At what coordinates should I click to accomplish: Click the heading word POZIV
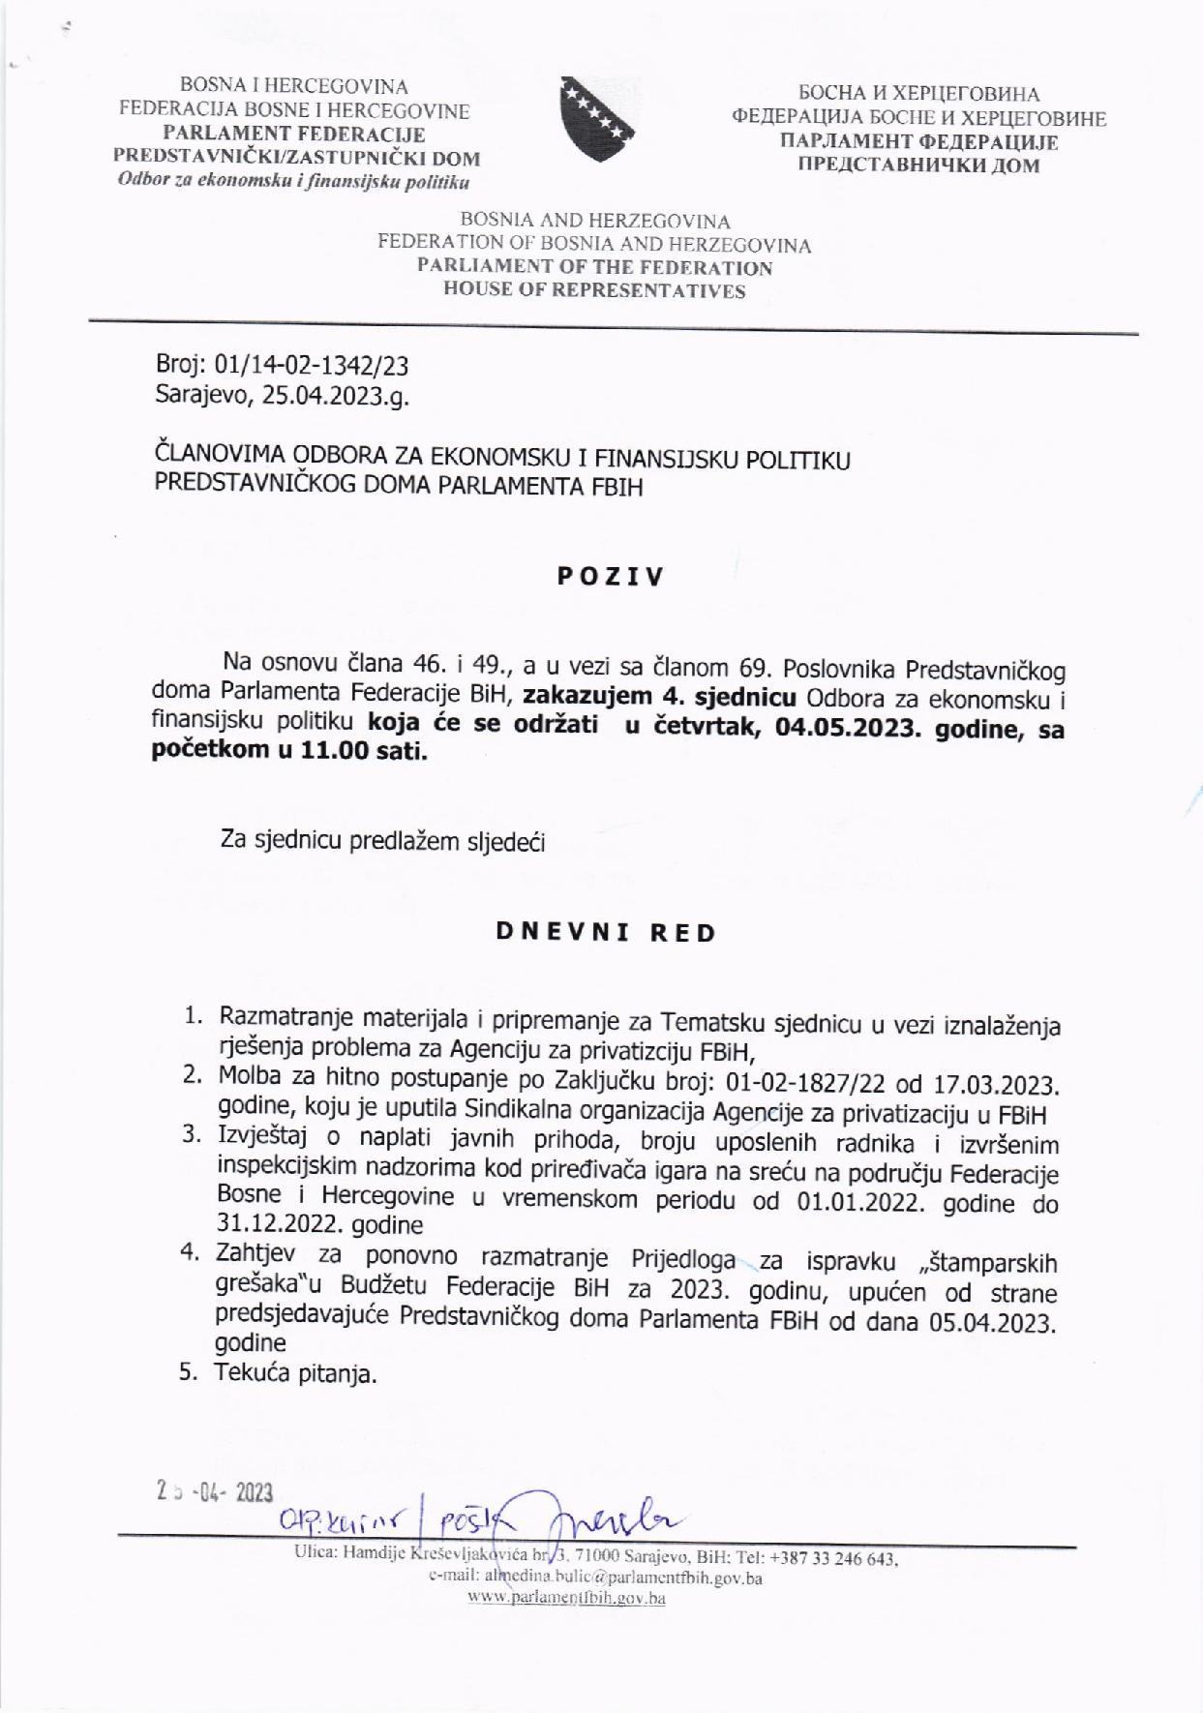coord(611,577)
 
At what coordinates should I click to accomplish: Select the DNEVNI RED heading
coord(606,933)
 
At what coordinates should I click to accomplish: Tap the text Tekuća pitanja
coord(295,1372)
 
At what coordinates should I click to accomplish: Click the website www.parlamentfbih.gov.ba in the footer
coord(566,1598)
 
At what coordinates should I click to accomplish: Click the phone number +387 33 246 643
coord(833,1558)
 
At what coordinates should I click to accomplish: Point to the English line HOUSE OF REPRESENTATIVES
coord(594,290)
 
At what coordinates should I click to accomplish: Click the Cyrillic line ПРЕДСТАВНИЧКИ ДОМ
coord(917,165)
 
